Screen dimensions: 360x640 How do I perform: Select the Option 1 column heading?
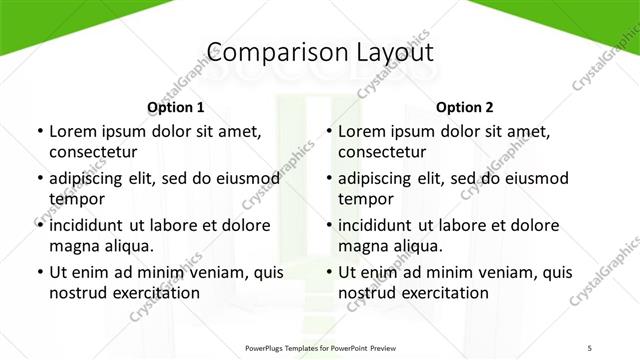pyautogui.click(x=176, y=107)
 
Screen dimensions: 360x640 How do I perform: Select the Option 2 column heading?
pyautogui.click(x=465, y=107)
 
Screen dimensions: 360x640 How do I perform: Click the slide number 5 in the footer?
pyautogui.click(x=590, y=347)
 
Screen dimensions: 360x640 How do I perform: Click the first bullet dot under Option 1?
pyautogui.click(x=39, y=131)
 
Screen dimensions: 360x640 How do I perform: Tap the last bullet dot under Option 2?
pyautogui.click(x=328, y=272)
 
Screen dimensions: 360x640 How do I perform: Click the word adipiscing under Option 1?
pyautogui.click(x=92, y=178)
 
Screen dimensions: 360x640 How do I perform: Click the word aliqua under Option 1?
pyautogui.click(x=129, y=246)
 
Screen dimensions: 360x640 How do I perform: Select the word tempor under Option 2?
pyautogui.click(x=365, y=199)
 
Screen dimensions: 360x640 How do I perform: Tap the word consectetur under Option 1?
pyautogui.click(x=93, y=152)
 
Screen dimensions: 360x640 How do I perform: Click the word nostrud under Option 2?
pyautogui.click(x=369, y=293)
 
